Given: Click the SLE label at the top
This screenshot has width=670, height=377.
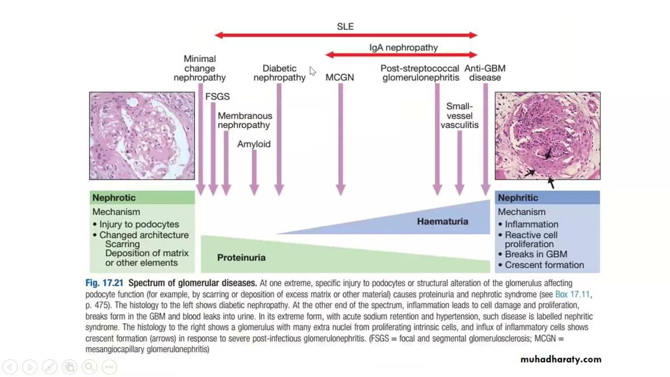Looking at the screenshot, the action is click(x=345, y=27).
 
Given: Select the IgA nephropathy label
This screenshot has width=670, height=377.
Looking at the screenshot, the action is click(x=404, y=48).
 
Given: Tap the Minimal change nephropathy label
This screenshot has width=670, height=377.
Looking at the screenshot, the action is click(x=199, y=68).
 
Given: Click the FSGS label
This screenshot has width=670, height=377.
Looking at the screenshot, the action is click(x=217, y=97).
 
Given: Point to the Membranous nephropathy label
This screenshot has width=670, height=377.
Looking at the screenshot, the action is click(x=245, y=120).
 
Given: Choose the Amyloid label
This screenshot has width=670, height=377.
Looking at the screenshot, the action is click(x=254, y=144).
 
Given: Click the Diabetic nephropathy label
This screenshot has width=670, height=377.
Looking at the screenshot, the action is click(x=280, y=73).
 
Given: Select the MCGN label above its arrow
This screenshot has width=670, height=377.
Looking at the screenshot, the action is click(x=340, y=77).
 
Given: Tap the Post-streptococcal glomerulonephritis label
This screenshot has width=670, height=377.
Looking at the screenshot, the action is click(x=420, y=73).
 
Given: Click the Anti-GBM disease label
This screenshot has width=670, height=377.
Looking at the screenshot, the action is click(x=485, y=73).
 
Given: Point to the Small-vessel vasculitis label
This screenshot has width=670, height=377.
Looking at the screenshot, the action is click(x=460, y=116).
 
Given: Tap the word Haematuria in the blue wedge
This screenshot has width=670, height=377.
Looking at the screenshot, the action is click(x=442, y=221).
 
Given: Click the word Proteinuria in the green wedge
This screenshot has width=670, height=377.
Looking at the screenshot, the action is click(x=241, y=258).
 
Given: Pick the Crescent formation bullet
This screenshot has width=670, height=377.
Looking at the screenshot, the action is click(x=541, y=265).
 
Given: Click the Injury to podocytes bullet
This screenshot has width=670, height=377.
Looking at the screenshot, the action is click(x=136, y=225).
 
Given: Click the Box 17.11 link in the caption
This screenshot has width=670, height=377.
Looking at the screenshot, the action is click(x=573, y=295).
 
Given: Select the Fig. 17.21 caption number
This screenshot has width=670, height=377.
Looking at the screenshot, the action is click(x=104, y=283).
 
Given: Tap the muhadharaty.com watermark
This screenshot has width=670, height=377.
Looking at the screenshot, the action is click(x=561, y=359).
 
